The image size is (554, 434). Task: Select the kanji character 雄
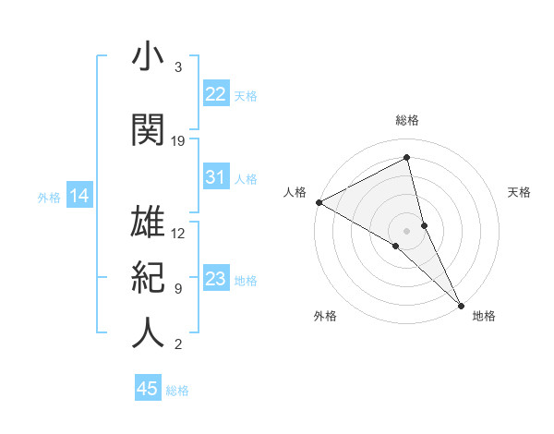coord(148,224)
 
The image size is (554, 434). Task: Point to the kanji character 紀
coord(148,278)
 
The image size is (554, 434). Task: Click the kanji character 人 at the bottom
coord(148,333)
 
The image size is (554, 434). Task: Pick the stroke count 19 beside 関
coord(178,141)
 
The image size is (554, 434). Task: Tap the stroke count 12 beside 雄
coord(178,234)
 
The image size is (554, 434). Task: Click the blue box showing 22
coord(216,93)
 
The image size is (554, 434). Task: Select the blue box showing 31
coord(216,177)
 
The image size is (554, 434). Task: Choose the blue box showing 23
coord(216,279)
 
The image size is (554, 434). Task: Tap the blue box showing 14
coord(78,196)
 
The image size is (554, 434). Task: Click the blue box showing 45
coord(148,389)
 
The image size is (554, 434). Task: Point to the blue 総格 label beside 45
coord(177,391)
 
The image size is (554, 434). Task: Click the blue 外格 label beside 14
coord(49,197)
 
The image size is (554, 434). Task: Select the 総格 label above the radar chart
coord(407,120)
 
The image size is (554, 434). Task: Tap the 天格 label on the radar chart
coord(520,192)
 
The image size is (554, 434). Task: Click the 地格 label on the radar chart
coord(484,316)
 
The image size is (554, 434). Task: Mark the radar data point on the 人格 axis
coord(319,202)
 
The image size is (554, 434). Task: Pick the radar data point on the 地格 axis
coord(461,304)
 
